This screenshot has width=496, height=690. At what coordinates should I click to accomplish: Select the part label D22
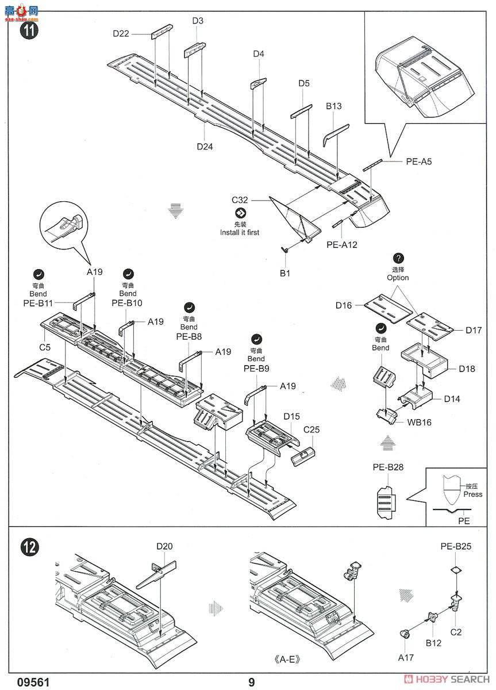121,33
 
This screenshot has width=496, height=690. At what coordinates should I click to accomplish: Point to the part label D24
205,147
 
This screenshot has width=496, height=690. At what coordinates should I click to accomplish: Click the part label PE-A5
418,162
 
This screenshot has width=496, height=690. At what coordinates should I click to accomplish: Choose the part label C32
240,200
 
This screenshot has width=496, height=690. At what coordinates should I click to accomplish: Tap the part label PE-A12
342,244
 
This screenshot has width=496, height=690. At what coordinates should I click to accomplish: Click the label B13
333,106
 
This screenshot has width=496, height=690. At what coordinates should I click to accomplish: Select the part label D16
344,305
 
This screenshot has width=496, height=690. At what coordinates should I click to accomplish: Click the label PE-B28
388,467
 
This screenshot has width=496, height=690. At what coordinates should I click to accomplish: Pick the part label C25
311,429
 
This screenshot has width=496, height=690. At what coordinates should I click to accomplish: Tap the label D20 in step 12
164,546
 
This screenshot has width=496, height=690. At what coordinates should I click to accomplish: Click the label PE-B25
456,546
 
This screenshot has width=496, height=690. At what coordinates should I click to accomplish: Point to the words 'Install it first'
239,232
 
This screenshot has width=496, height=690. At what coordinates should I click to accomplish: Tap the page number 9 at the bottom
251,683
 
